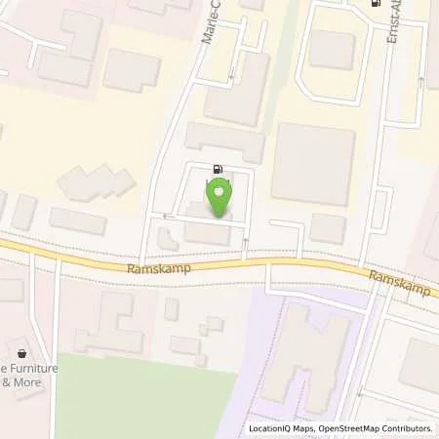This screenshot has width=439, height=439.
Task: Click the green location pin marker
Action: [x=219, y=196]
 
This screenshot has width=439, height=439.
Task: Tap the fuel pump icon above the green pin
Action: [x=216, y=167]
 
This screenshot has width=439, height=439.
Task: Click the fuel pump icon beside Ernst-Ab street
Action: [x=375, y=3]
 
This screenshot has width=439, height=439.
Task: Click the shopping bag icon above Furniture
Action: [x=21, y=349]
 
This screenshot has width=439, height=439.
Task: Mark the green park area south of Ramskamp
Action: [x=146, y=400]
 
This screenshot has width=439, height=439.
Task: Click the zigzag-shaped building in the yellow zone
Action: [x=98, y=183]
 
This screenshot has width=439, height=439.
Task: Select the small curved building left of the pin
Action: [x=166, y=236]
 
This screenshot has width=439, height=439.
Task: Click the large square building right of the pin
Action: [x=312, y=164]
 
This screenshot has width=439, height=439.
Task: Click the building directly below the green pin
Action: [x=207, y=233]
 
